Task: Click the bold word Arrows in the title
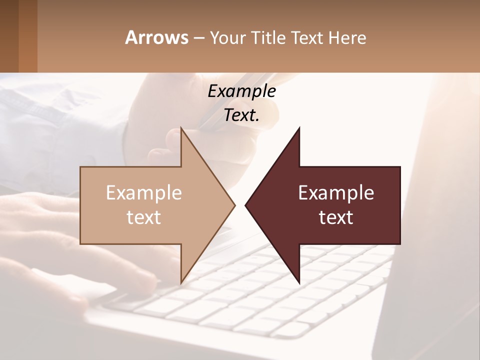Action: click(x=156, y=37)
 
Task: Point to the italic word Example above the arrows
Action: click(x=241, y=91)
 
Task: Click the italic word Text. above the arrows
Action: click(x=241, y=115)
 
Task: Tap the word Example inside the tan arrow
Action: click(x=144, y=193)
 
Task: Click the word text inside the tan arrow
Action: click(x=144, y=217)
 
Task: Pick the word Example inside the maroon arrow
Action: click(x=336, y=193)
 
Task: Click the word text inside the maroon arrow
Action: click(x=336, y=217)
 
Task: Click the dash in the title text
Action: click(x=199, y=38)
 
